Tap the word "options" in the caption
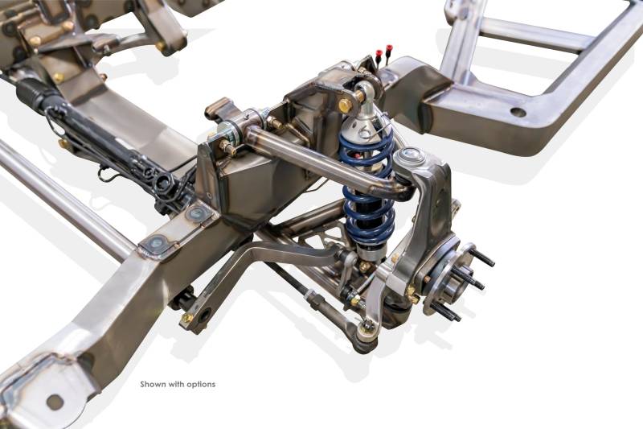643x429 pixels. click(201, 385)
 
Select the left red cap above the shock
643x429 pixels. click(379, 53)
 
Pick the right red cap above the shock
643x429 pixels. click(389, 48)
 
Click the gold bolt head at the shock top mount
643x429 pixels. click(345, 105)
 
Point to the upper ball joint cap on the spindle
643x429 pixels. click(408, 155)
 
